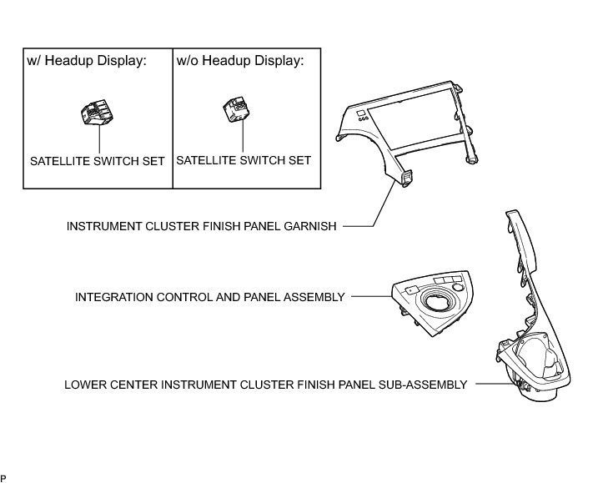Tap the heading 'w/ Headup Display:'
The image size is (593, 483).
[87, 61]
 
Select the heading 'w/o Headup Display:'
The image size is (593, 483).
[239, 61]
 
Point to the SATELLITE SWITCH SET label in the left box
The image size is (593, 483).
[97, 160]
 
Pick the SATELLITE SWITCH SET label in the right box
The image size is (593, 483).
[243, 159]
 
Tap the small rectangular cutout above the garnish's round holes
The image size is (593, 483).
[359, 111]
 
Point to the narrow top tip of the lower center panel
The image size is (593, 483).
[510, 219]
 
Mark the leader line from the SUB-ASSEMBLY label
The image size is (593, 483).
[492, 385]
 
